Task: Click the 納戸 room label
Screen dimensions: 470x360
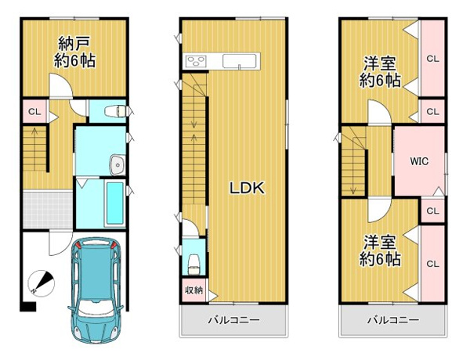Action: [x=74, y=44]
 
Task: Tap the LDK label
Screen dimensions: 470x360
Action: [x=247, y=189]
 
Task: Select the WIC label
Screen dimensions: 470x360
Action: [x=419, y=161]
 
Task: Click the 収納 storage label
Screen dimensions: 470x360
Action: [x=194, y=290]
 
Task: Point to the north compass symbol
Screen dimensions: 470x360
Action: [x=41, y=283]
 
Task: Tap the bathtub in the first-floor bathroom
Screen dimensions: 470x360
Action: [x=115, y=203]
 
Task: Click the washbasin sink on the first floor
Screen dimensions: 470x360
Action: [x=117, y=164]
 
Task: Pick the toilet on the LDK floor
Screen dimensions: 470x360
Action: [x=193, y=264]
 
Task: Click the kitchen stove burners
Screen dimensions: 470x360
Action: [x=196, y=62]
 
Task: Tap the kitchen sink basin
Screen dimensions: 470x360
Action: [x=239, y=61]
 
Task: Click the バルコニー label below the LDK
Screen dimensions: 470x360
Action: [x=233, y=320]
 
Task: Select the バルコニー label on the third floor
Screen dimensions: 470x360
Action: [x=393, y=320]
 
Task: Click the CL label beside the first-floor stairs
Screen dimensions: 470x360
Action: [x=34, y=112]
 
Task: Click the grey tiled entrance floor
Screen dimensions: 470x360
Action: [x=48, y=210]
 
